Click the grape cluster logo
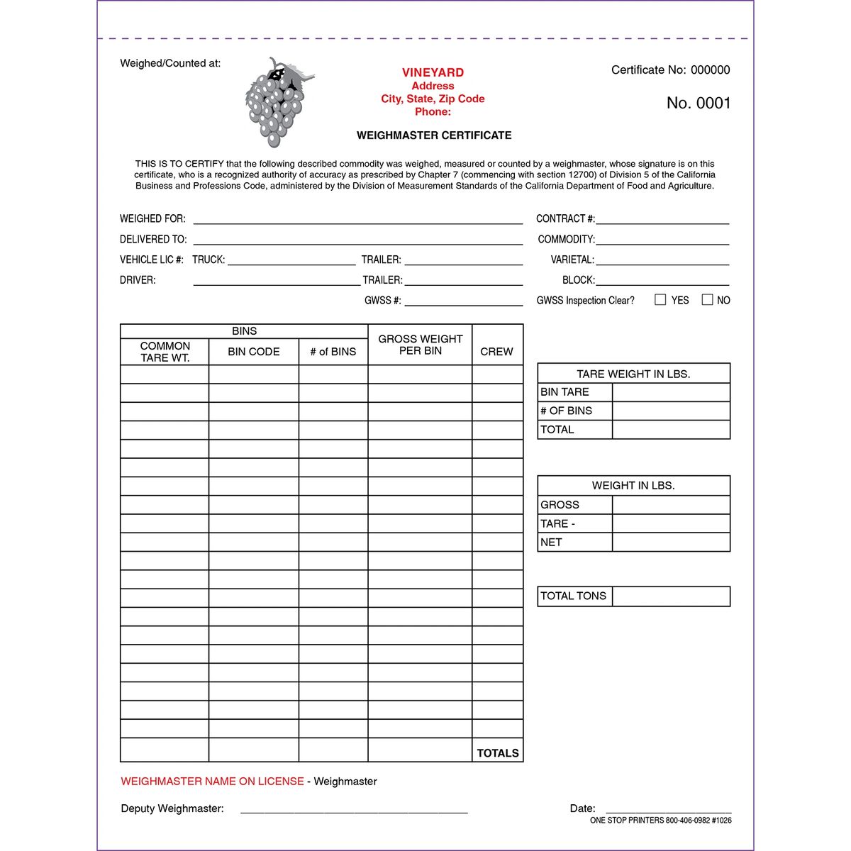277,103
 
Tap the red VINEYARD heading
433,72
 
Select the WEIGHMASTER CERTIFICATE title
433,135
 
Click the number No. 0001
698,103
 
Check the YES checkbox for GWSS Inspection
660,300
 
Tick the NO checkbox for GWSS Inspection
707,300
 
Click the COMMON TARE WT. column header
165,352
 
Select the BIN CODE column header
253,352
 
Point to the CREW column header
496,352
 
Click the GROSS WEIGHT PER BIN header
420,345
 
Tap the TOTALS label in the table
497,752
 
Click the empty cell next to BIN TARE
670,392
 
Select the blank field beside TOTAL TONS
670,596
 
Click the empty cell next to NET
670,543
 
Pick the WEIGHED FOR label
152,218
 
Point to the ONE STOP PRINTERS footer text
660,821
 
